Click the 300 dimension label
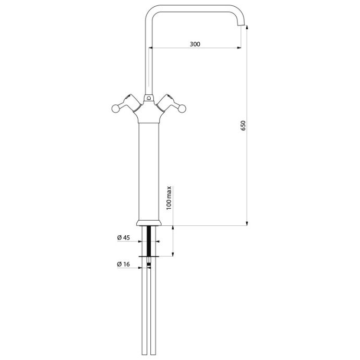click(195, 44)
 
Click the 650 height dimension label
click(243, 125)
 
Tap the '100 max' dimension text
click(169, 198)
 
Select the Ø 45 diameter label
click(123, 237)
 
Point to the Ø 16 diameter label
click(123, 264)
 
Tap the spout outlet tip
click(241, 25)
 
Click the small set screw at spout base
click(149, 98)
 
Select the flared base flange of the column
click(149, 223)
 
